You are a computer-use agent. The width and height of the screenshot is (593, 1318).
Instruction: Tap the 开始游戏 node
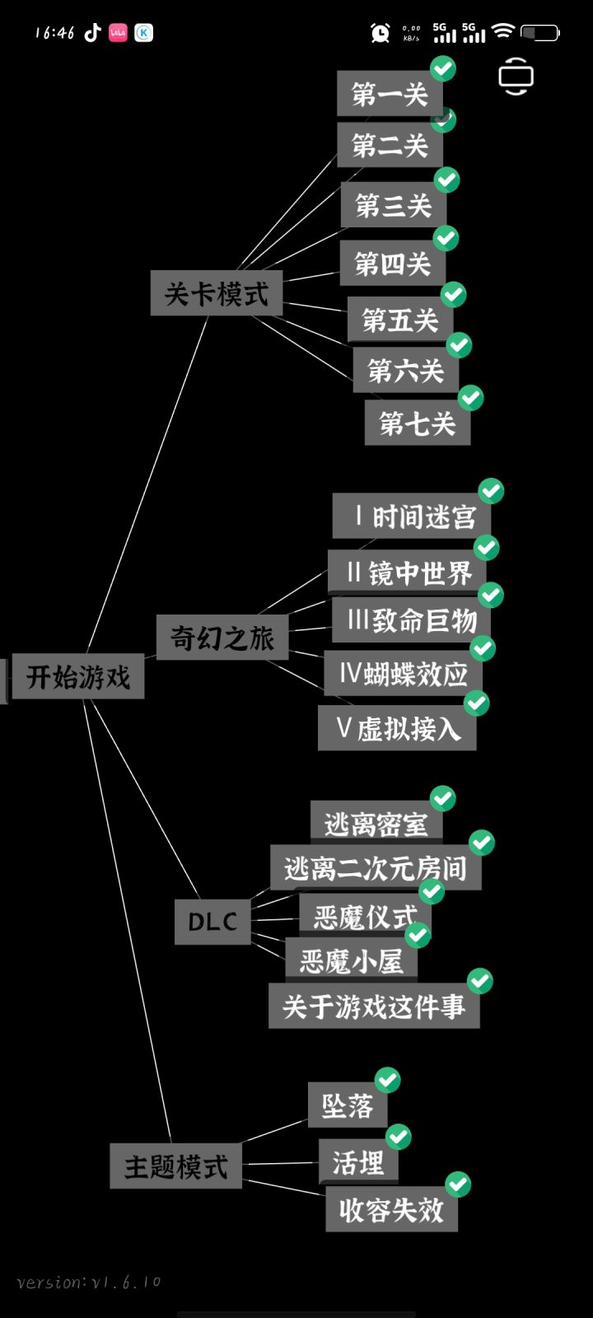[x=77, y=676]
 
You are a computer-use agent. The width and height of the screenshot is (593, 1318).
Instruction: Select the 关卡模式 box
[x=217, y=293]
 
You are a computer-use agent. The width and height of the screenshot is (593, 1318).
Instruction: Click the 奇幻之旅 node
[x=222, y=638]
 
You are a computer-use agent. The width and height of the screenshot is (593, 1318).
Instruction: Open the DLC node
[x=212, y=922]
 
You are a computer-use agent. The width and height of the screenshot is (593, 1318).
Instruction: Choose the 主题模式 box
[x=176, y=1166]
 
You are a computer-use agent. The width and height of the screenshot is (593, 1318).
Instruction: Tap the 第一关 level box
[x=390, y=94]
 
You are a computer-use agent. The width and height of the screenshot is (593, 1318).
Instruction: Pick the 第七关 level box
[x=417, y=423]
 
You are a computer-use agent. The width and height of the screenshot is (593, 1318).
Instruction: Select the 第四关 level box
[x=392, y=263]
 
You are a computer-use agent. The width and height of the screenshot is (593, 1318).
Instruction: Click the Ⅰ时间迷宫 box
[x=412, y=516]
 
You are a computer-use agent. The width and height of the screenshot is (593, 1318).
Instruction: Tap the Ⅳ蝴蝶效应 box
[x=403, y=673]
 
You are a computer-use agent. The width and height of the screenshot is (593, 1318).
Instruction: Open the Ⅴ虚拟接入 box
[x=397, y=728]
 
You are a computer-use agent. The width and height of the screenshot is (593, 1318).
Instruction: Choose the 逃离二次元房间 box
[x=376, y=868]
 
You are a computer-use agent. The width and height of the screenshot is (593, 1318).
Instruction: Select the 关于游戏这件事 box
[x=374, y=1006]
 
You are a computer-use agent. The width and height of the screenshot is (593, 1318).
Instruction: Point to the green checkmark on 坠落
[x=388, y=1080]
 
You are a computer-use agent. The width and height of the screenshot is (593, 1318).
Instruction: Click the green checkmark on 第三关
[x=447, y=180]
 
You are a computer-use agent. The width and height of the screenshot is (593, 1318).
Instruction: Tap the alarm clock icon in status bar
[x=380, y=32]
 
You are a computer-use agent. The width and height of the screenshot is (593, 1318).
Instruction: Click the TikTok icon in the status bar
[x=92, y=32]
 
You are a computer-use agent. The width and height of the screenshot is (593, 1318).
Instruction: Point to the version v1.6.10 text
[x=89, y=1282]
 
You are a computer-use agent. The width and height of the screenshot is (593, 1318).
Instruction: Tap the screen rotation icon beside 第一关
[x=516, y=76]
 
